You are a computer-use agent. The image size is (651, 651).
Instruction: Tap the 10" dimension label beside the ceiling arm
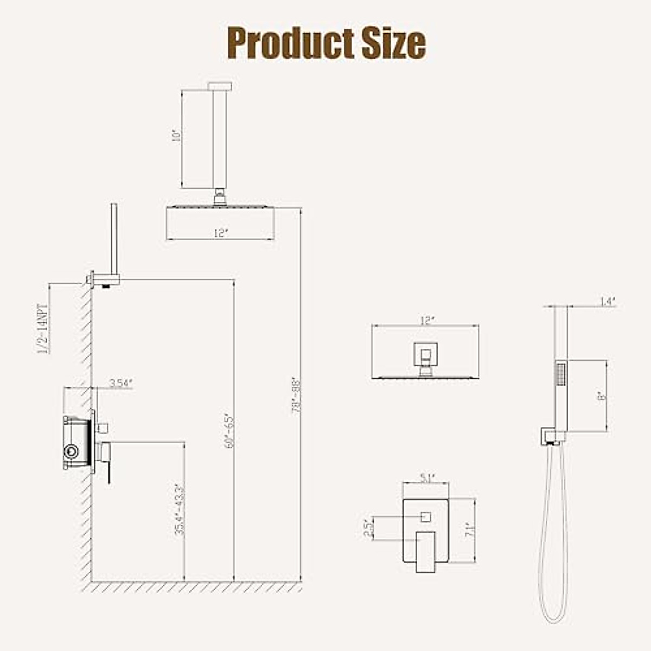click(175, 135)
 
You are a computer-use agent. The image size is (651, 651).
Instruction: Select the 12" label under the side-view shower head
click(221, 233)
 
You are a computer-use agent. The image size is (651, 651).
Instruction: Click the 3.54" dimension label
click(120, 383)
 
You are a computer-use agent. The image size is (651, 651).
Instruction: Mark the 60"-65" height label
click(229, 431)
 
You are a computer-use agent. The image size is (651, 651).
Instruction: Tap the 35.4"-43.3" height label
click(180, 509)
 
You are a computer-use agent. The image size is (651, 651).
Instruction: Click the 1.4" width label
click(608, 302)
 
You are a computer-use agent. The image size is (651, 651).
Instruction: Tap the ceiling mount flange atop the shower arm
click(220, 86)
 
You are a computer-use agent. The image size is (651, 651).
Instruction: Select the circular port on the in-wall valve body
click(70, 451)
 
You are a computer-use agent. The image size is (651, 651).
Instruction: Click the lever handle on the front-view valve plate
click(426, 551)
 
